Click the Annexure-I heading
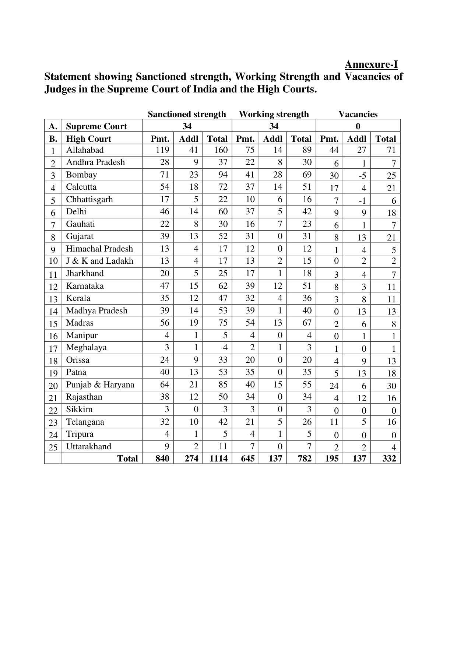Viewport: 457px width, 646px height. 371,65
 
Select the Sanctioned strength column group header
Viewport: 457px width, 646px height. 187,114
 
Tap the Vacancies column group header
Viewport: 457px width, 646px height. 358,114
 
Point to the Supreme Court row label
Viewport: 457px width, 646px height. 96,126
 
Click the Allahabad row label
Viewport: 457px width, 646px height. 85,150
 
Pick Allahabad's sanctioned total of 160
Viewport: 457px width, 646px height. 221,150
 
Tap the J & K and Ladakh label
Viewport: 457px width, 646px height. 99,261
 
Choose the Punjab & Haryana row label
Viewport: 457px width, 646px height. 100,385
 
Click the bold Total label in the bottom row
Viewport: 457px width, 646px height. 127,459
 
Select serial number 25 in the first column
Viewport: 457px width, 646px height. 53,447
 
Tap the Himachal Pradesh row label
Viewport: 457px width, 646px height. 99,249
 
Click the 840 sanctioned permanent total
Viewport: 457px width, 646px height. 162,459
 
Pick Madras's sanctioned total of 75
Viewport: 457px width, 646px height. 223,323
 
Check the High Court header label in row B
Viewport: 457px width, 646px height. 88,139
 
